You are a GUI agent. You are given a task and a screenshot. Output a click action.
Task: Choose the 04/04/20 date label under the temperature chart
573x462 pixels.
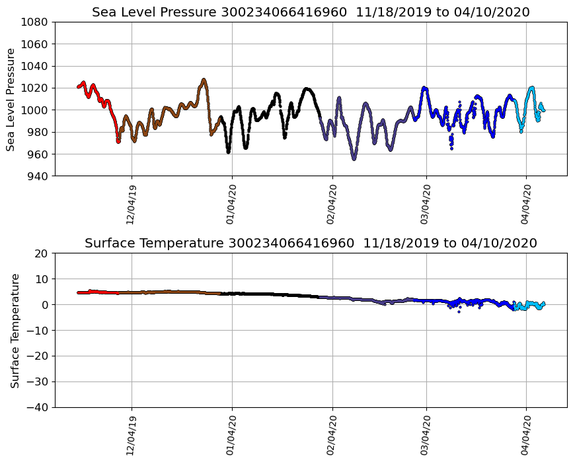tap(526, 435)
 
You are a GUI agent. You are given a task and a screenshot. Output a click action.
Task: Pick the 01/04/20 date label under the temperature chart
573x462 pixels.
tap(231, 435)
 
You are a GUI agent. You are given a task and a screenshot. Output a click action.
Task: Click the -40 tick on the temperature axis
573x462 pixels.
tap(36, 407)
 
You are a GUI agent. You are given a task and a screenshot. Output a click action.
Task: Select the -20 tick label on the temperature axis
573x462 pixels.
tap(36, 356)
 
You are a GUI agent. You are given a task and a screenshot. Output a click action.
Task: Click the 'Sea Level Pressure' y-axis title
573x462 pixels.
tap(11, 99)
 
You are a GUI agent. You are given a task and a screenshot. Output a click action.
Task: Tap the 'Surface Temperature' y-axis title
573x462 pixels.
tap(15, 330)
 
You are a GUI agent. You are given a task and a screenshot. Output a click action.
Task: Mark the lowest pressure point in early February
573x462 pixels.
tap(354, 158)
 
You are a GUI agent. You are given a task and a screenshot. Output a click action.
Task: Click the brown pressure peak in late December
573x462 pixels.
tap(204, 80)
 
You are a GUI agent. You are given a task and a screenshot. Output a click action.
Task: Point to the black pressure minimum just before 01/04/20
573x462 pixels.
tap(228, 152)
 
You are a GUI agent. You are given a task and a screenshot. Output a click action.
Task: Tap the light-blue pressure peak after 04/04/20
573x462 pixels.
tap(531, 87)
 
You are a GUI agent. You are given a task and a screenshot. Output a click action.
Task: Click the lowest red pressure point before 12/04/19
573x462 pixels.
tap(118, 141)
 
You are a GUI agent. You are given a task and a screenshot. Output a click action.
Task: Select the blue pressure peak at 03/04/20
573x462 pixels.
tap(424, 88)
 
